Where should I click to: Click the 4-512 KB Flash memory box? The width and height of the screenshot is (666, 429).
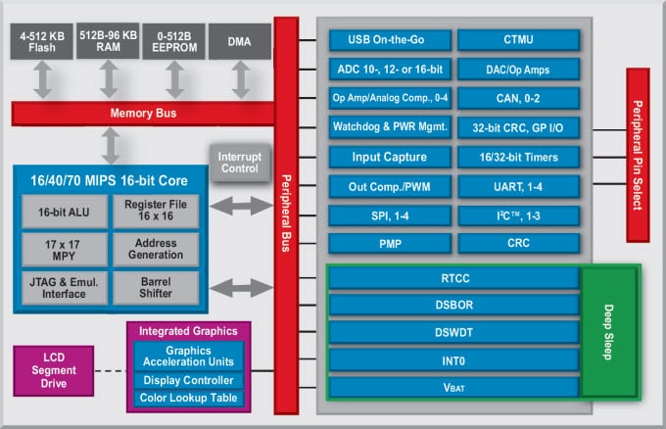pyautogui.click(x=40, y=41)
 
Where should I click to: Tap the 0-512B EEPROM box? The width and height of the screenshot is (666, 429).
pyautogui.click(x=173, y=41)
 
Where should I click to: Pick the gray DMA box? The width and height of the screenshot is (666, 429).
pyautogui.click(x=238, y=41)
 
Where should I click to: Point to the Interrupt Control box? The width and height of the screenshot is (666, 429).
pyautogui.click(x=241, y=163)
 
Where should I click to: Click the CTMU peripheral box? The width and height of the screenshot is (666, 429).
pyautogui.click(x=518, y=40)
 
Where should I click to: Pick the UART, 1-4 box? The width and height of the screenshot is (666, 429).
pyautogui.click(x=518, y=186)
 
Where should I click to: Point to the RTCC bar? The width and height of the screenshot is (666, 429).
pyautogui.click(x=454, y=277)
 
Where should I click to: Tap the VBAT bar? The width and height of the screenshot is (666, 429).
pyautogui.click(x=454, y=387)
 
